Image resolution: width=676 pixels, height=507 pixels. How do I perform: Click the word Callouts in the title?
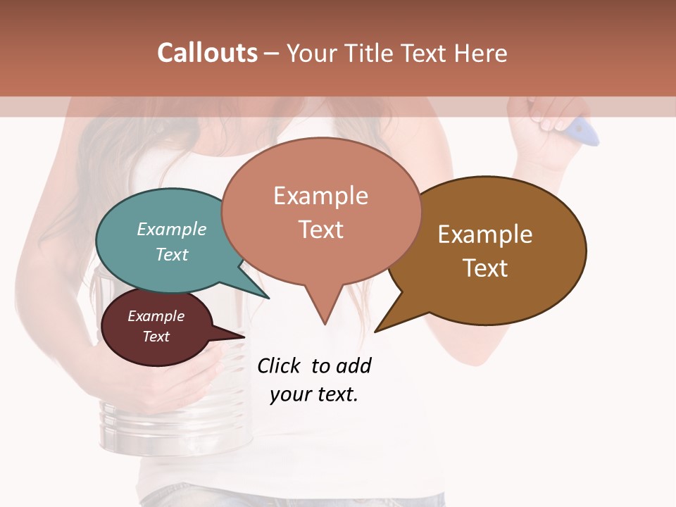(207, 53)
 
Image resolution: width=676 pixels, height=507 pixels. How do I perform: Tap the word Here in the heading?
(482, 53)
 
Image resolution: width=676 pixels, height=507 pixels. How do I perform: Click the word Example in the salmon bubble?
(320, 196)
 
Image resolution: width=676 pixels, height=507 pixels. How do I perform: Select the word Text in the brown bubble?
(484, 268)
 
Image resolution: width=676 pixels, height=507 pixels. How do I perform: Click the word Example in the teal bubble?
(172, 229)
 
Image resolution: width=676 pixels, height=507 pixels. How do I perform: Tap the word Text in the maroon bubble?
(156, 337)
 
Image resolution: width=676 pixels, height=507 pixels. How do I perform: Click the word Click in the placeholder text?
(278, 365)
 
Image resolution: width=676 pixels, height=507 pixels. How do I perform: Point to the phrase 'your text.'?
(314, 394)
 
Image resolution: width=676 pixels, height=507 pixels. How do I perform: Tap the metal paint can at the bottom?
(134, 426)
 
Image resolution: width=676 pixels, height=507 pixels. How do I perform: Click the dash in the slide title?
(272, 54)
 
